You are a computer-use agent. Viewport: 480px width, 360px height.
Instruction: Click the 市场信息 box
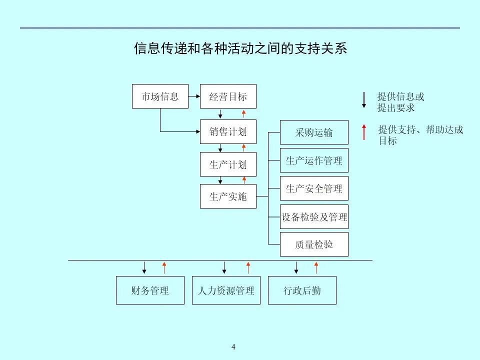pyautogui.click(x=160, y=96)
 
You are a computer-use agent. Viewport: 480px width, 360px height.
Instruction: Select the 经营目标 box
pyautogui.click(x=228, y=96)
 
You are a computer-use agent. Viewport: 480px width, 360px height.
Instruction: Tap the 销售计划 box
pyautogui.click(x=228, y=132)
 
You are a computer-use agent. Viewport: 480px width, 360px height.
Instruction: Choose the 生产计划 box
pyautogui.click(x=228, y=164)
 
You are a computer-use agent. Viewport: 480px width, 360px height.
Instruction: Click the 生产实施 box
pyautogui.click(x=228, y=196)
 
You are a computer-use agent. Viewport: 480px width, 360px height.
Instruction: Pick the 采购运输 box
pyautogui.click(x=314, y=132)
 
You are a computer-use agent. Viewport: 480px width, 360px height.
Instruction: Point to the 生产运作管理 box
pyautogui.click(x=314, y=160)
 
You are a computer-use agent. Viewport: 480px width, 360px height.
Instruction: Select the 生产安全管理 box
pyautogui.click(x=314, y=188)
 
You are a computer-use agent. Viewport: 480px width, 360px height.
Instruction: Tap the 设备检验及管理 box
pyautogui.click(x=314, y=217)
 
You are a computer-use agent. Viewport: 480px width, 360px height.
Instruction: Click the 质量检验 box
pyautogui.click(x=314, y=244)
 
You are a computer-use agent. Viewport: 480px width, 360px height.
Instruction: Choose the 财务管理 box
pyautogui.click(x=150, y=290)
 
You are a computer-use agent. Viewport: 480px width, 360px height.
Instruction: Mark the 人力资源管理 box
pyautogui.click(x=226, y=290)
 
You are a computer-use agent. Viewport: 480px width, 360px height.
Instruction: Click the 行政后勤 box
pyautogui.click(x=302, y=290)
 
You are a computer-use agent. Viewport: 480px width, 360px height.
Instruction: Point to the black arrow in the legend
pyautogui.click(x=364, y=100)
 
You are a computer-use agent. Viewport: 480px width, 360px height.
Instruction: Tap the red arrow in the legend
pyautogui.click(x=364, y=132)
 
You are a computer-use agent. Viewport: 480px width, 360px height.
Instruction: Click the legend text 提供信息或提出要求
pyautogui.click(x=400, y=102)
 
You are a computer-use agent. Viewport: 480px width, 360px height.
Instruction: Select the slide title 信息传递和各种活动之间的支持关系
pyautogui.click(x=240, y=49)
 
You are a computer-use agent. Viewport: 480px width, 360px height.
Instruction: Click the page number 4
pyautogui.click(x=233, y=347)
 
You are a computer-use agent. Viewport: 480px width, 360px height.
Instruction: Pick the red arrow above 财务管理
pyautogui.click(x=164, y=267)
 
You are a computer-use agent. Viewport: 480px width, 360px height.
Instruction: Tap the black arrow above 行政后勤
pyautogui.click(x=296, y=267)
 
